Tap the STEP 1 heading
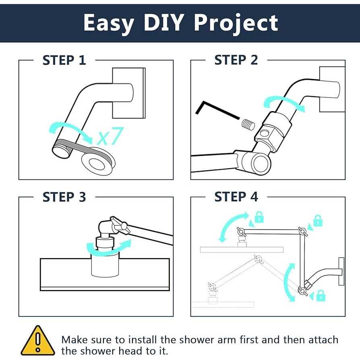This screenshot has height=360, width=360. click(64, 60)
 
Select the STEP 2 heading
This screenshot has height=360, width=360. click(236, 60)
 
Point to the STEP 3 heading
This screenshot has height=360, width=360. click(64, 197)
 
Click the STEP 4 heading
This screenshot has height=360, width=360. click(236, 197)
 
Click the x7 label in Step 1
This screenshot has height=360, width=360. click(110, 137)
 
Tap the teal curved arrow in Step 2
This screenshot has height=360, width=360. click(283, 102)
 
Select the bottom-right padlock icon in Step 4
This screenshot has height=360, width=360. click(321, 296)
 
